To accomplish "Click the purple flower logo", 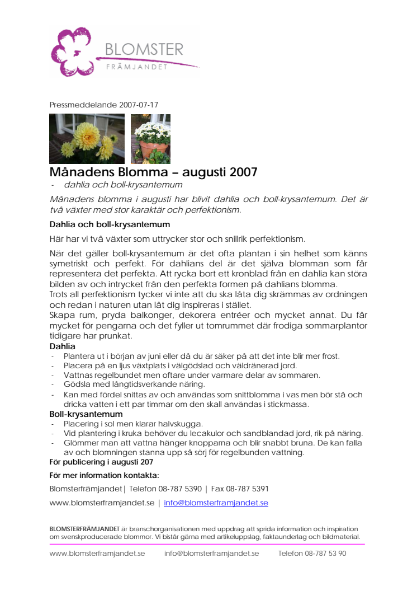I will click(73, 52).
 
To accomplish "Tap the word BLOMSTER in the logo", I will click(144, 50).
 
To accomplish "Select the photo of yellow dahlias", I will click(87, 139).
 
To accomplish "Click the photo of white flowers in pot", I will click(150, 139).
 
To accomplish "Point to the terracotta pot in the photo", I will click(153, 151).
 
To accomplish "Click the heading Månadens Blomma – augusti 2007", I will click(153, 172).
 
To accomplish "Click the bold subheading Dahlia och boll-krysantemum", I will click(110, 224).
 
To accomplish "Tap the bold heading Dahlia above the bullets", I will click(62, 346).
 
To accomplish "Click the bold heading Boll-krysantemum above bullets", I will click(86, 414).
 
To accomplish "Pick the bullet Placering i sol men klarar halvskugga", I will click(133, 424).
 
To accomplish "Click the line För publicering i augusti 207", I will click(101, 462).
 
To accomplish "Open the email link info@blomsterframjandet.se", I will click(216, 503).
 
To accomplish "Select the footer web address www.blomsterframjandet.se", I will click(97, 553).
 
